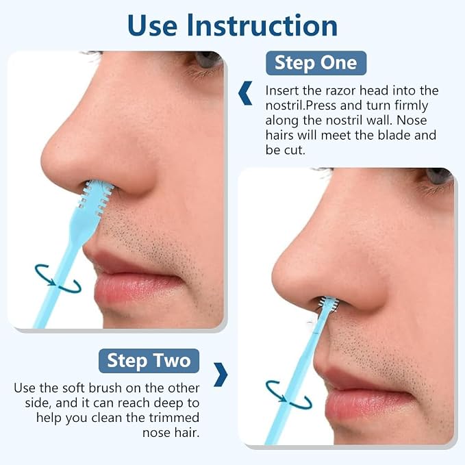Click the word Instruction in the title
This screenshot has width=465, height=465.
point(262,25)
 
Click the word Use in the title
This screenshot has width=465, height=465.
point(153,25)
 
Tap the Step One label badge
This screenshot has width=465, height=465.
point(316,63)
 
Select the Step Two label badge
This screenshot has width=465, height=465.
point(149,361)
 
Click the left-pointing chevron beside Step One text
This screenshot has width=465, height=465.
point(245,93)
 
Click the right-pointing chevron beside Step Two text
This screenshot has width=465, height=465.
point(221,375)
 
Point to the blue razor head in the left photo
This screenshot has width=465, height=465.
point(95,198)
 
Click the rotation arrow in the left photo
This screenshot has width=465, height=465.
point(58,279)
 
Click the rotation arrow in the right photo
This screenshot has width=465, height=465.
point(289,395)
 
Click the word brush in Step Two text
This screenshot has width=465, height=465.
point(105,388)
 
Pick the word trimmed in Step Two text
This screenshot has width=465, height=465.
point(174,418)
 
